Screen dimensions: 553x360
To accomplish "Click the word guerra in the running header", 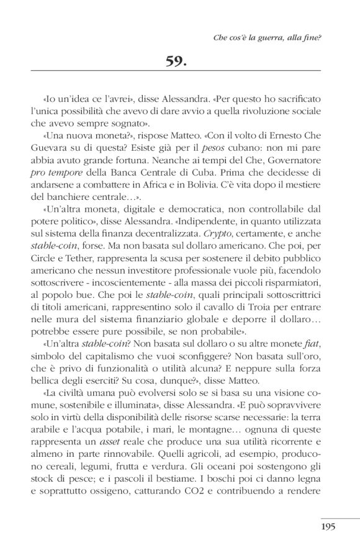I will pyautogui.click(x=274, y=37).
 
